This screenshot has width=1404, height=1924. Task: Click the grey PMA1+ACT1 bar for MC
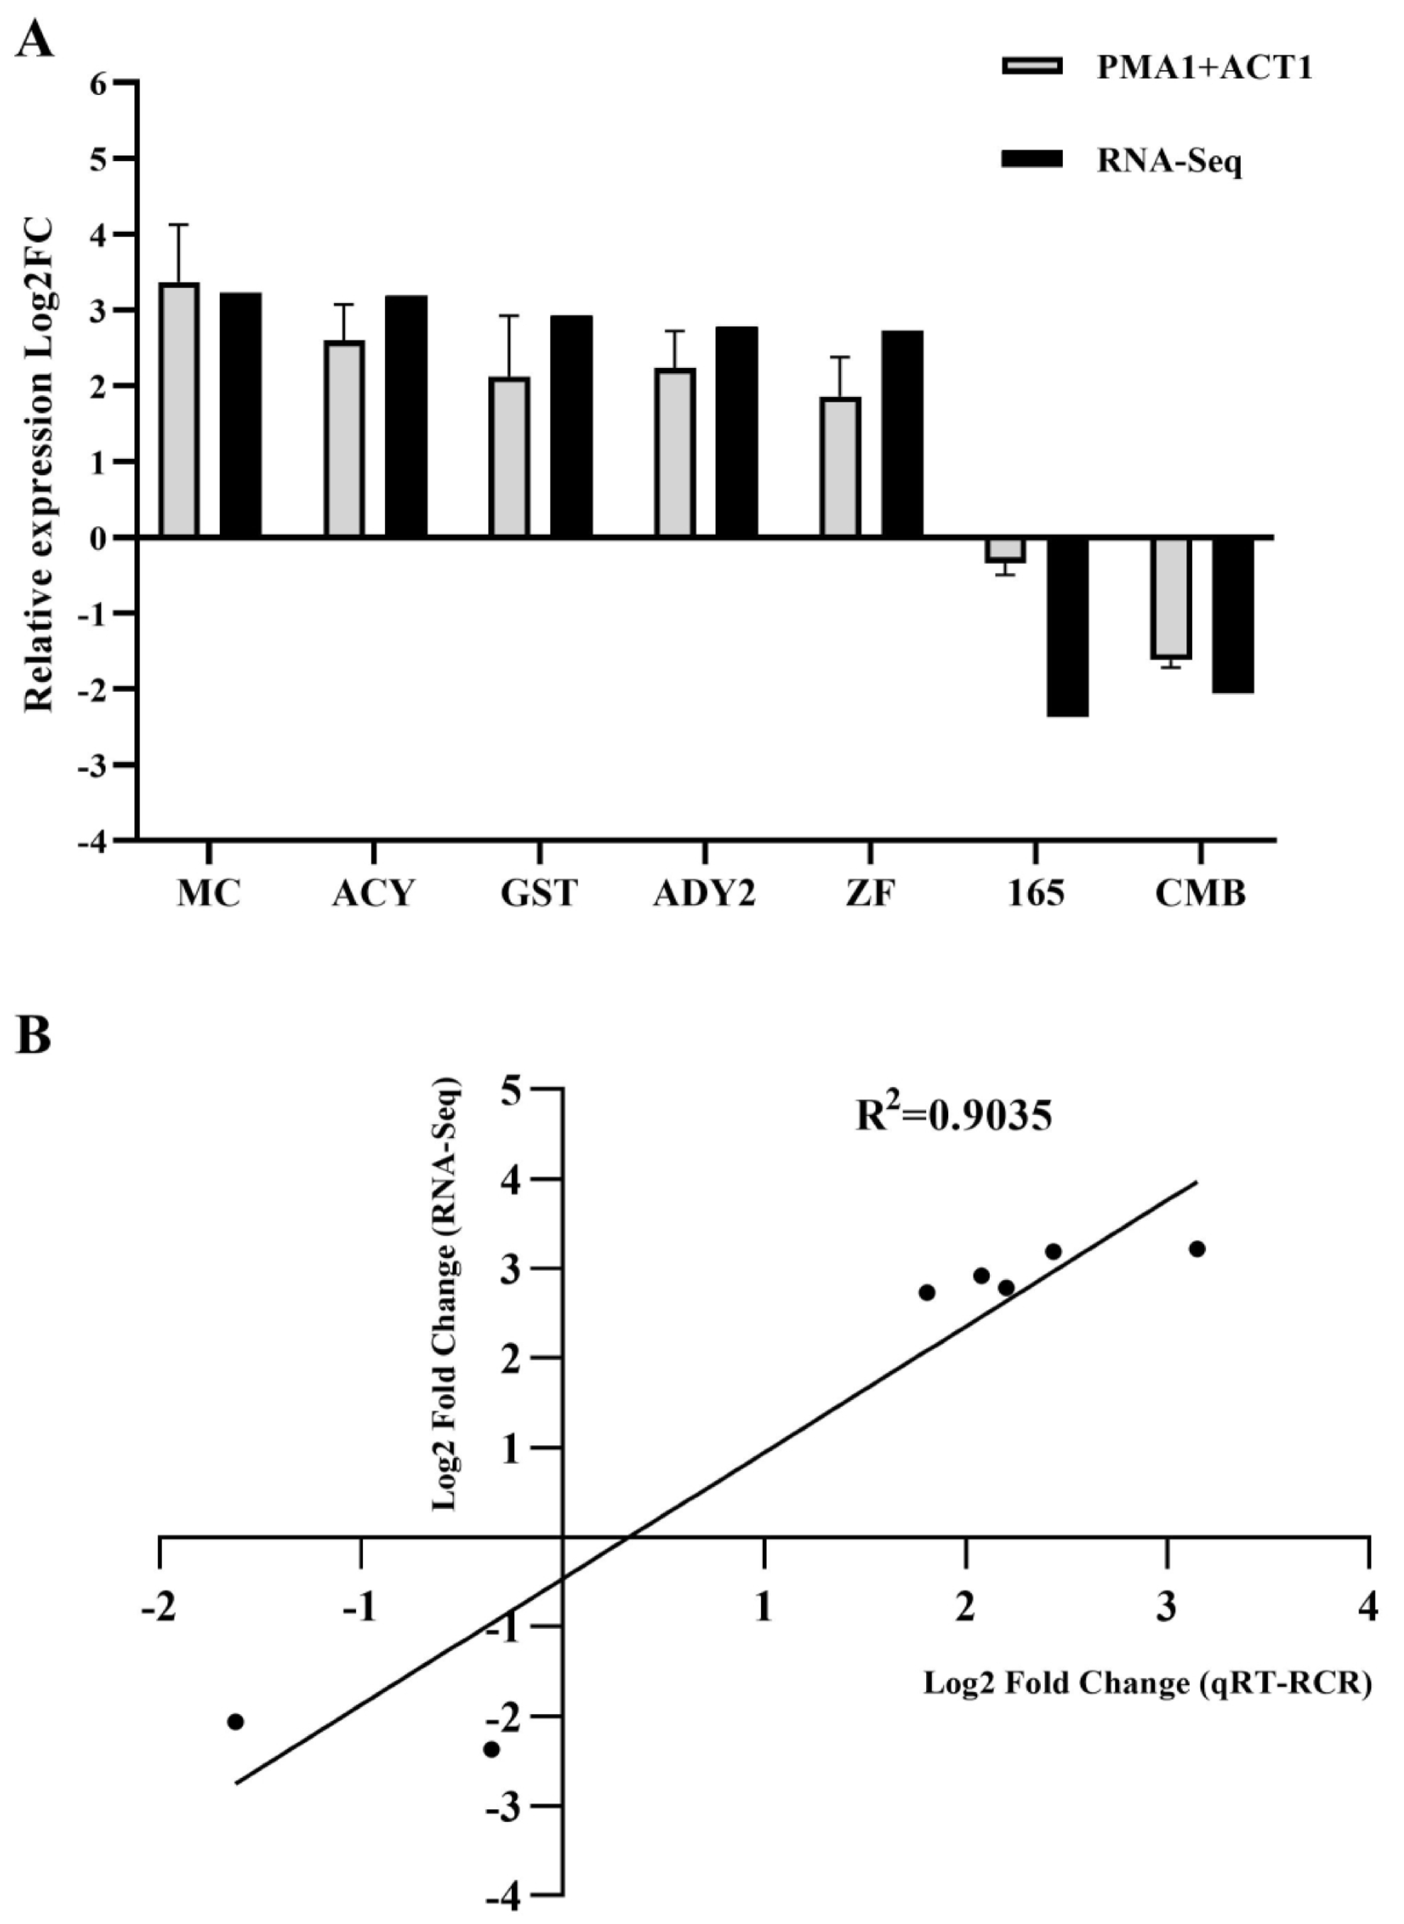179,410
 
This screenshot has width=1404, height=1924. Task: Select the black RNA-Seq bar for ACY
406,416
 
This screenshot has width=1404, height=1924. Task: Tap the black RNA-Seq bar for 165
1067,626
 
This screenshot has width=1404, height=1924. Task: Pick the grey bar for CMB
1172,597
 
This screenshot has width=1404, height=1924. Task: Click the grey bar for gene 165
1005,550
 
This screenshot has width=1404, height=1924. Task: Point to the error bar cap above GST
509,316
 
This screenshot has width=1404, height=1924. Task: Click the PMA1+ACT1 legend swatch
1032,66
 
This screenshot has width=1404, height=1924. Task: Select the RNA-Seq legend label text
1169,160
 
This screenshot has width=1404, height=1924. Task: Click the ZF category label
870,894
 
